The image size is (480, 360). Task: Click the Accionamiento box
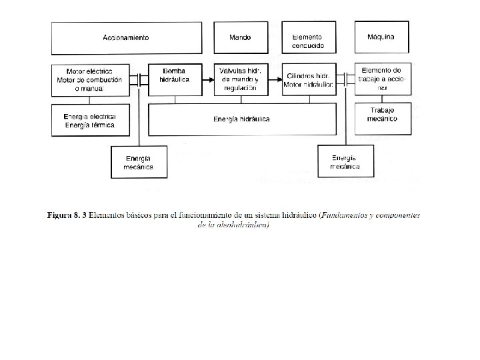(x=126, y=38)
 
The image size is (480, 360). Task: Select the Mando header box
(x=240, y=38)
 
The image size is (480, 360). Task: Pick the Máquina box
(x=381, y=38)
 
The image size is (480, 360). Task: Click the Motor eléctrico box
(x=89, y=79)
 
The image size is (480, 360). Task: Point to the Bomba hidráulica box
(x=175, y=79)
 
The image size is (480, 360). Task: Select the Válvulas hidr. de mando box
(x=240, y=79)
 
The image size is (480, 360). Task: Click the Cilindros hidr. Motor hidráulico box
(x=308, y=79)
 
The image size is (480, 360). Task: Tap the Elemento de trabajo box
(x=381, y=79)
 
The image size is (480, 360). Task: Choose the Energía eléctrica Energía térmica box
(x=89, y=121)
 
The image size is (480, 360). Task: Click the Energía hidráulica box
(x=242, y=120)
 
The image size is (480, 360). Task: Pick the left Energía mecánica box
(x=139, y=162)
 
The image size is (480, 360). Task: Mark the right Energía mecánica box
(x=346, y=162)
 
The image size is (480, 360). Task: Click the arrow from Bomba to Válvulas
(x=207, y=80)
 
